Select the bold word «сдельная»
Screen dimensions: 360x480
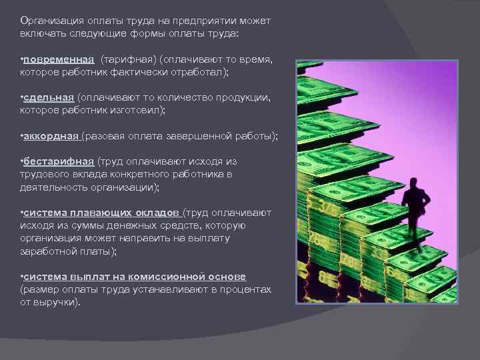click(x=49, y=97)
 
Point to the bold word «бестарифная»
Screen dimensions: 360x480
click(x=59, y=161)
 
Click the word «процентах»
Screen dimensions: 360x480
click(x=247, y=289)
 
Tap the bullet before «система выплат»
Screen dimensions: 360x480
click(x=22, y=276)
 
